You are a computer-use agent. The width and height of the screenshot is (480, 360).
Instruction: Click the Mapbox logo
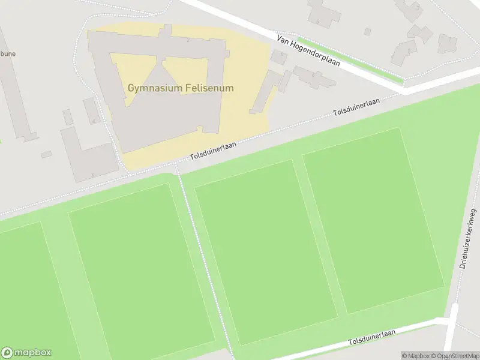click(x=26, y=353)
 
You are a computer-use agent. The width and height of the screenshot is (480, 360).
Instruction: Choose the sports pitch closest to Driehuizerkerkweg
click(x=372, y=219)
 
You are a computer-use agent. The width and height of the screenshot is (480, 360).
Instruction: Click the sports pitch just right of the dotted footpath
click(x=264, y=252)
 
